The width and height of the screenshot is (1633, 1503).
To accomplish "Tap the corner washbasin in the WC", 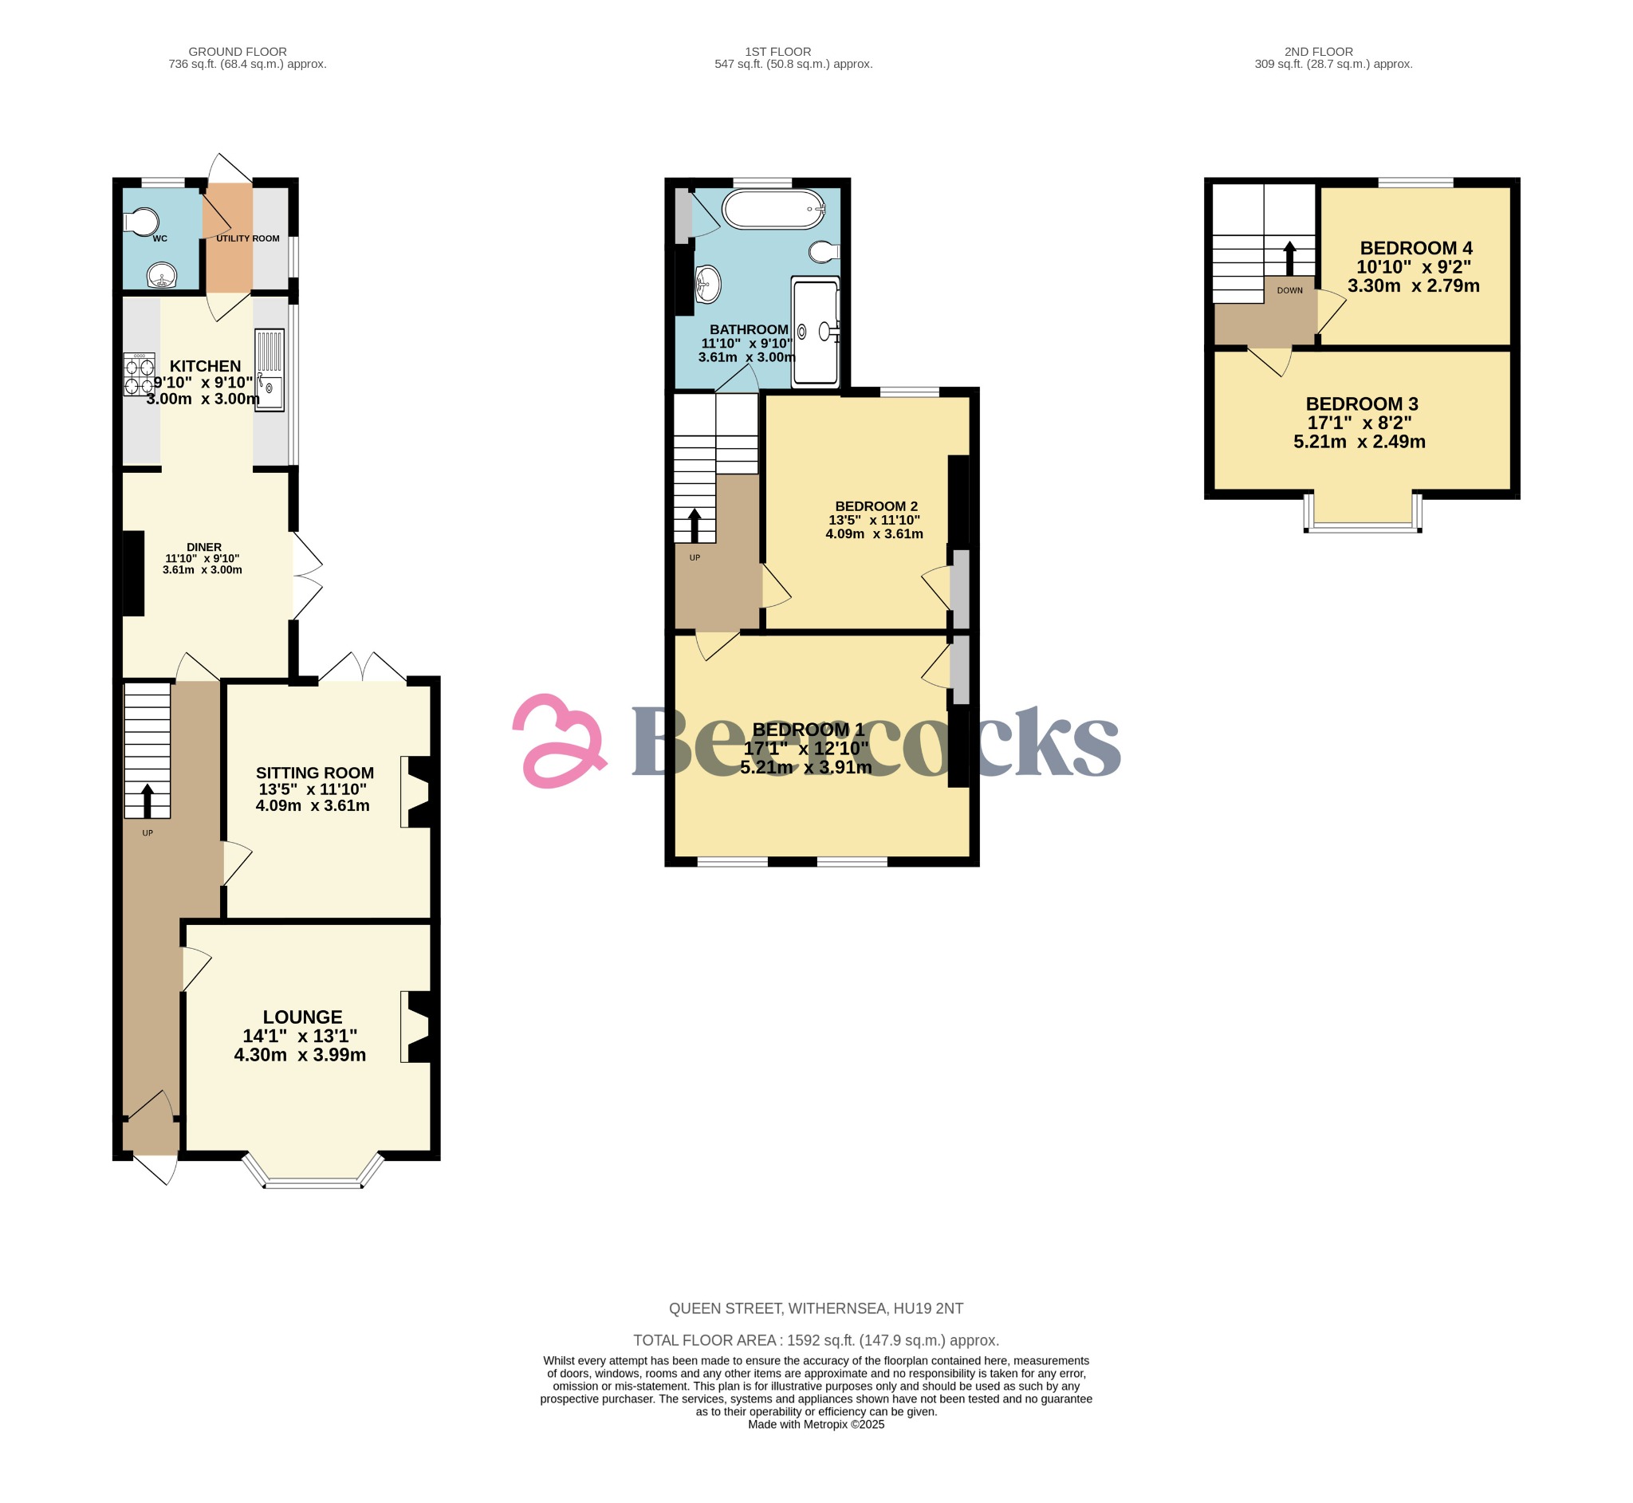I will [163, 277].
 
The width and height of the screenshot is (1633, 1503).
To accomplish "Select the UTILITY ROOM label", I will [248, 238].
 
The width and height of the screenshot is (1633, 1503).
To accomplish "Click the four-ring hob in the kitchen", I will [139, 375].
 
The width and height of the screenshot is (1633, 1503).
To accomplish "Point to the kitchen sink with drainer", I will [270, 369].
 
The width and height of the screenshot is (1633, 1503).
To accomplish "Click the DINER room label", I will [204, 547].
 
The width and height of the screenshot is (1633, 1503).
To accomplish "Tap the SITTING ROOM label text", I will [315, 773].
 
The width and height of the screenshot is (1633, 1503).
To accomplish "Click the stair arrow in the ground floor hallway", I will [148, 801].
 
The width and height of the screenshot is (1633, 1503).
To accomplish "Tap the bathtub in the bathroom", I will [773, 209].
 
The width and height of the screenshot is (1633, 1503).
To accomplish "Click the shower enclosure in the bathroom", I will [815, 331].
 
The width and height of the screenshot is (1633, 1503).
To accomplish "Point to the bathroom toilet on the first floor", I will [824, 252].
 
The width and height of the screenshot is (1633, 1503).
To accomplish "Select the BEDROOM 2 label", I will [876, 506].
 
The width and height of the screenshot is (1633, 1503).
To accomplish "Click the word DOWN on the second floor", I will [1290, 290].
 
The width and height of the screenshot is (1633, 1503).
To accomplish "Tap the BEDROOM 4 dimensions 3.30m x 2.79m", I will [1414, 286].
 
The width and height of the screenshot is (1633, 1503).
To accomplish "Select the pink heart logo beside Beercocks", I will [560, 740].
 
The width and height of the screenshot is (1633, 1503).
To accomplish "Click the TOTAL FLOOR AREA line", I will [816, 1340].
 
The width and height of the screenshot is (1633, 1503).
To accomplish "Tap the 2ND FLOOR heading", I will [1318, 51].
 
